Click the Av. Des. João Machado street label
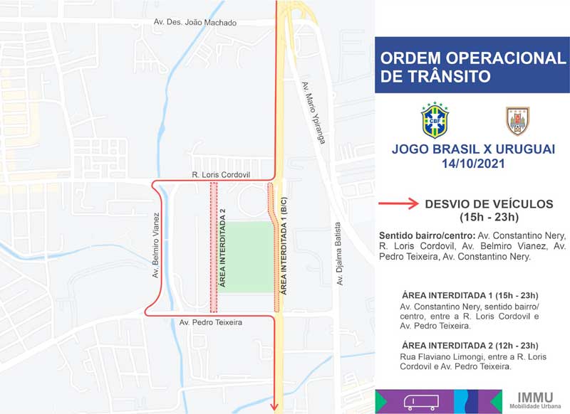pos(195,23)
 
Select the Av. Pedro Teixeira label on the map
pos(212,323)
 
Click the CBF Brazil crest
pos(435,120)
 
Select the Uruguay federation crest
pos(518,120)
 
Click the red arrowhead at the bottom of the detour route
pos(275,406)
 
